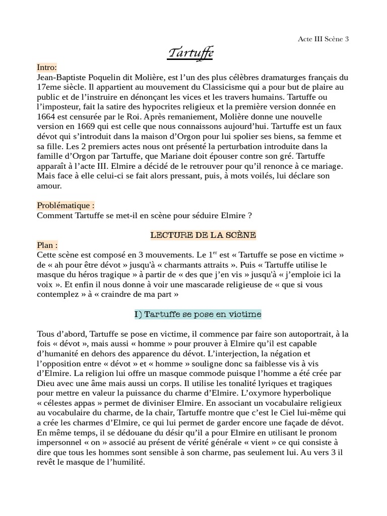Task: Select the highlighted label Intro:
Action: point(47,68)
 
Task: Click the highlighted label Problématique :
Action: point(66,206)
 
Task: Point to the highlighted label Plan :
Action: point(47,245)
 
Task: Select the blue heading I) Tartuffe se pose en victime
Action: point(198,314)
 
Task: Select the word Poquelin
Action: point(113,78)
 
